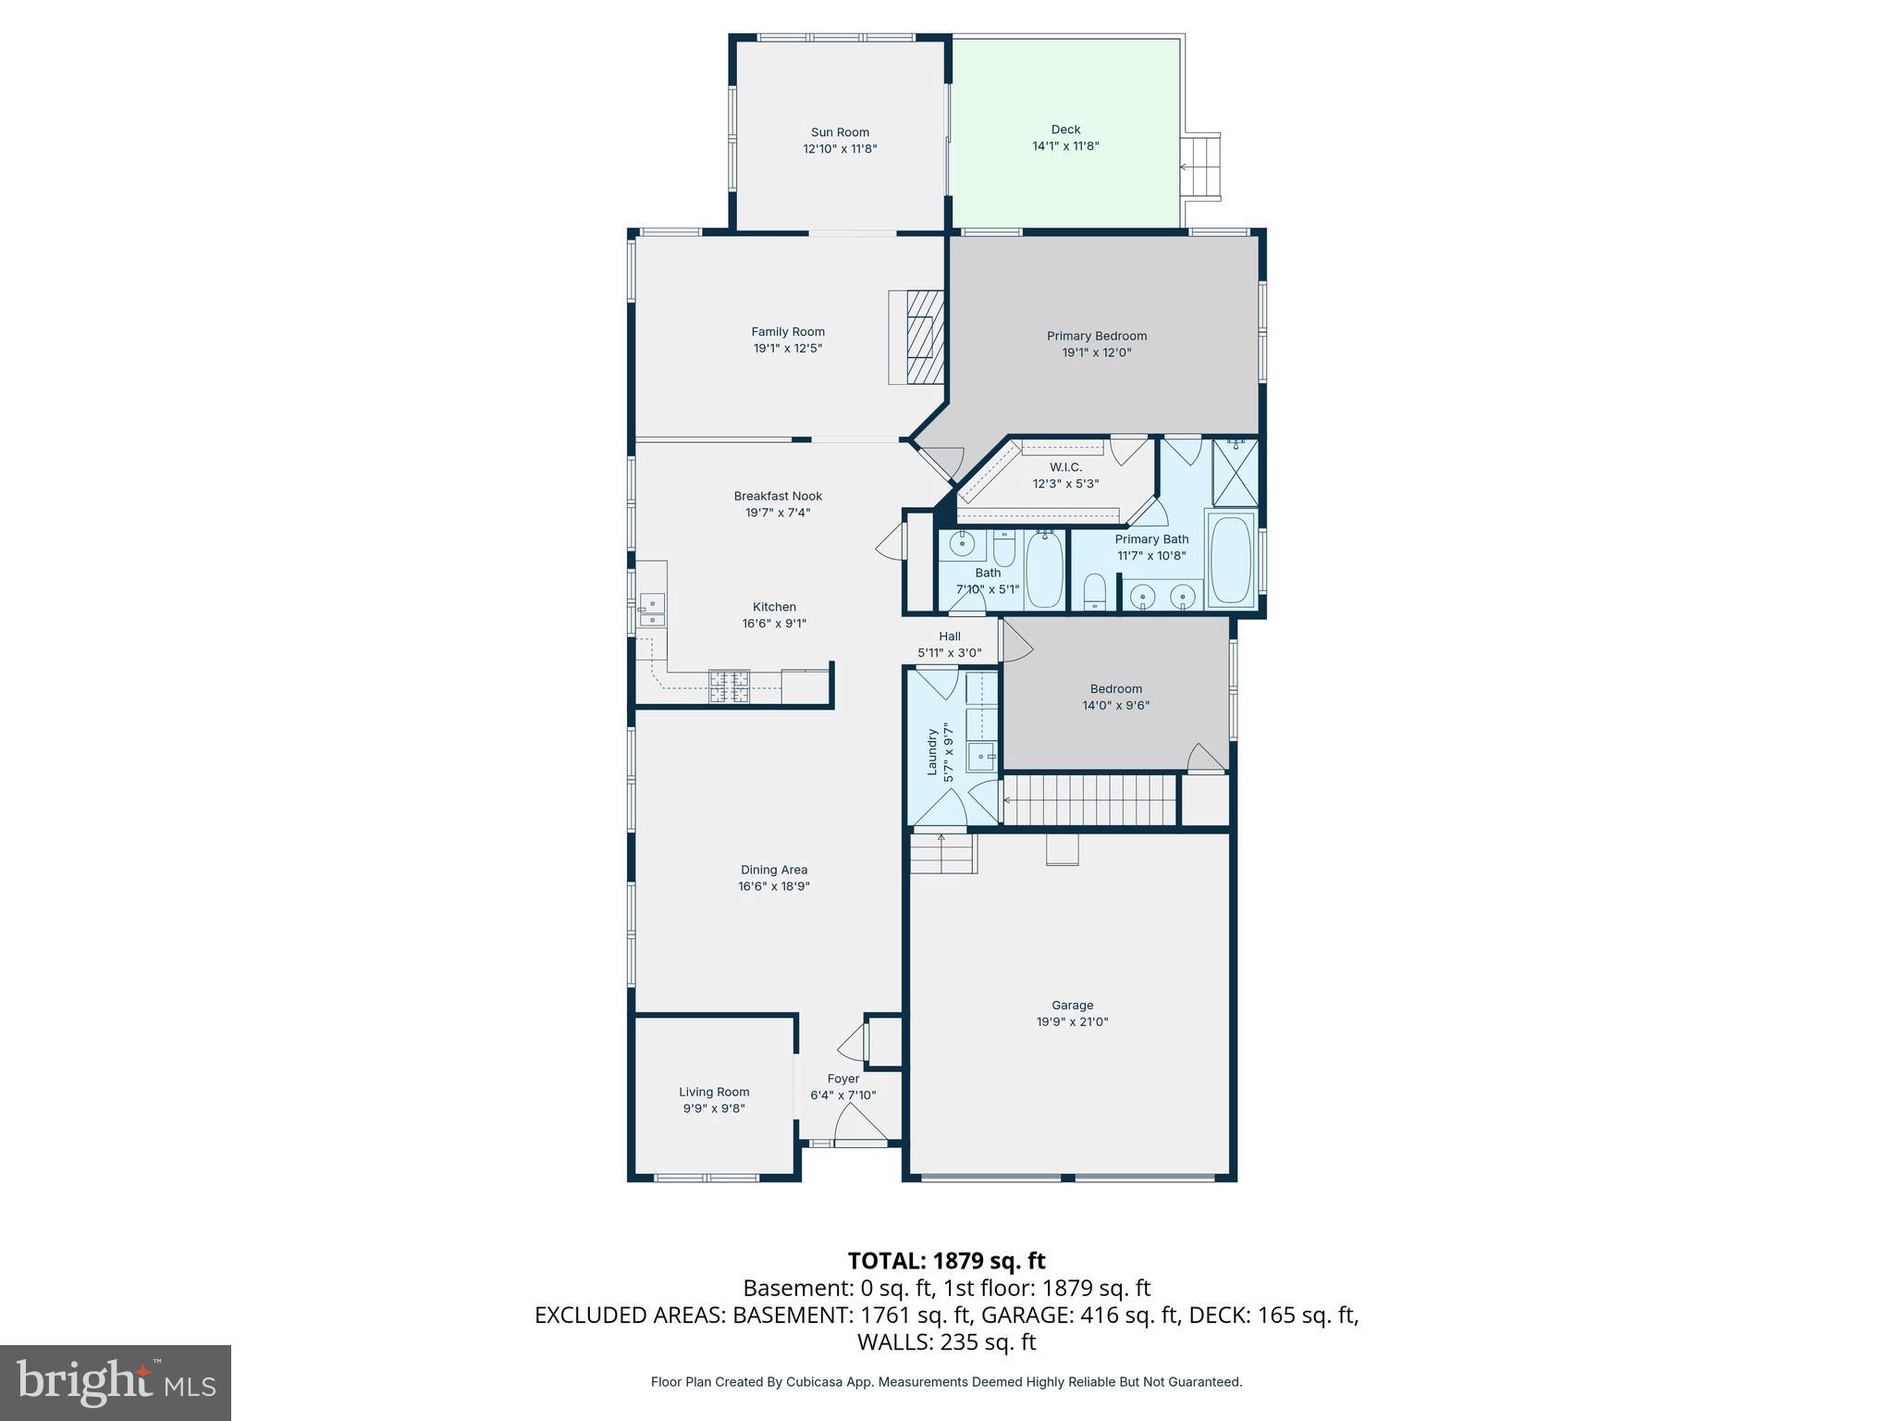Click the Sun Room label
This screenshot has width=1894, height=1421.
click(x=840, y=132)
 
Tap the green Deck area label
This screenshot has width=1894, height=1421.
click(x=1065, y=130)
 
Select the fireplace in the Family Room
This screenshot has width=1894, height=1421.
click(x=920, y=337)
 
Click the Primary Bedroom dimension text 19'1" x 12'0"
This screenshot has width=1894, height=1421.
click(x=1097, y=352)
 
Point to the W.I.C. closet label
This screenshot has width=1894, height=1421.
click(x=1065, y=467)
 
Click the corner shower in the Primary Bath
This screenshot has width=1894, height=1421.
click(x=1236, y=472)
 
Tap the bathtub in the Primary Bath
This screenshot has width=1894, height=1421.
click(x=1231, y=559)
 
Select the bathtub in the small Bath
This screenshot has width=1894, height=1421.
click(x=1045, y=568)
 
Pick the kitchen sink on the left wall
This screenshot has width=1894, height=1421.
click(x=653, y=610)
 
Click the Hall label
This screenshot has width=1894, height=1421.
click(x=950, y=636)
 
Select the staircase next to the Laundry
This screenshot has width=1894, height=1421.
click(x=1089, y=799)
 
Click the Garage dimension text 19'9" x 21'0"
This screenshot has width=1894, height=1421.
click(x=1072, y=1022)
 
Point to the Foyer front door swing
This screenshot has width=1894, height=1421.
click(x=858, y=1126)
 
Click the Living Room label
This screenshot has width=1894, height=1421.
click(x=714, y=1092)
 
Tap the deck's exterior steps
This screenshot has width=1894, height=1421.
click(x=1202, y=167)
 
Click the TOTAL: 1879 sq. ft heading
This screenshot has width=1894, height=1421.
click(x=946, y=1260)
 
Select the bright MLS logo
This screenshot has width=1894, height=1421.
click(x=116, y=1383)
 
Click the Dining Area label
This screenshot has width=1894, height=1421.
click(x=774, y=870)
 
